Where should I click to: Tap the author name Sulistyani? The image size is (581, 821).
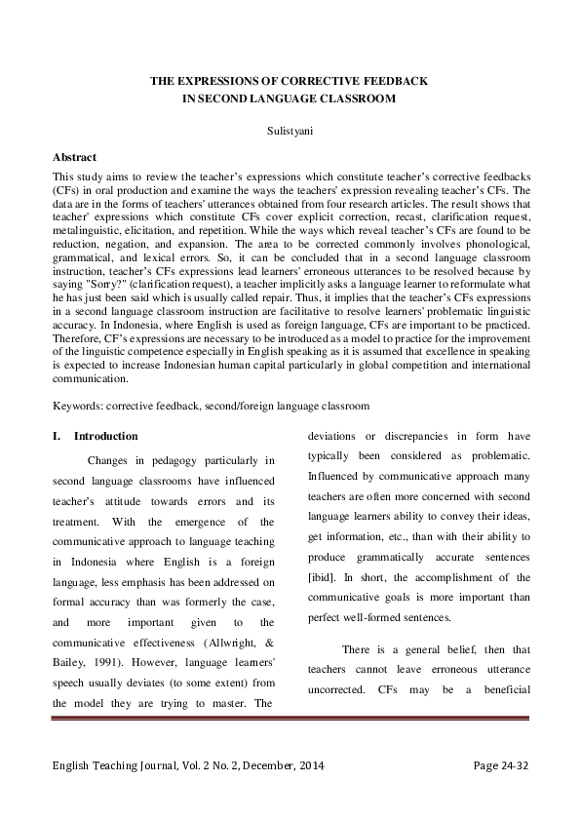click(x=290, y=127)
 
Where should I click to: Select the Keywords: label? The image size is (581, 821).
click(x=79, y=404)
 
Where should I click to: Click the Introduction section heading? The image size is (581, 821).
click(x=105, y=436)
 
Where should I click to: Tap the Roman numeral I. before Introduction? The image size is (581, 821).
click(x=57, y=436)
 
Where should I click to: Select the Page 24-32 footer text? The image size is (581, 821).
click(x=500, y=766)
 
